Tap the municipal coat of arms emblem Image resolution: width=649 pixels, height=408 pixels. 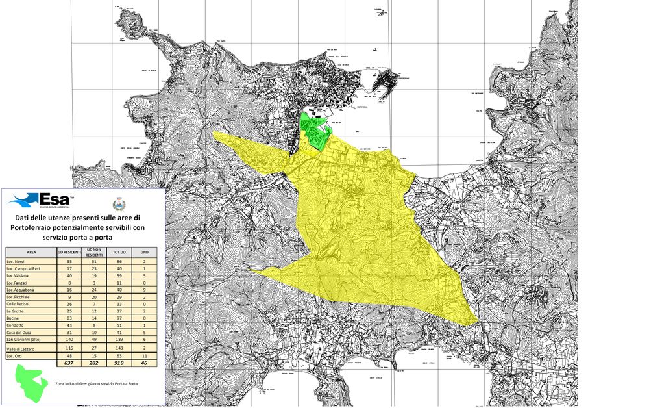pyautogui.click(x=118, y=202)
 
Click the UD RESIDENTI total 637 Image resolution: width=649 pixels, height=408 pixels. pyautogui.click(x=69, y=364)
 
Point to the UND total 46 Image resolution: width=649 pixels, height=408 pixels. pyautogui.click(x=145, y=364)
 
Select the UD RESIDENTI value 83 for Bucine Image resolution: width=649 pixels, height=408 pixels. pyautogui.click(x=69, y=317)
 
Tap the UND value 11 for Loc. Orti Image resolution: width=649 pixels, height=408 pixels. pyautogui.click(x=145, y=356)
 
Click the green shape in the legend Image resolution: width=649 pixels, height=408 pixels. pyautogui.click(x=32, y=384)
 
